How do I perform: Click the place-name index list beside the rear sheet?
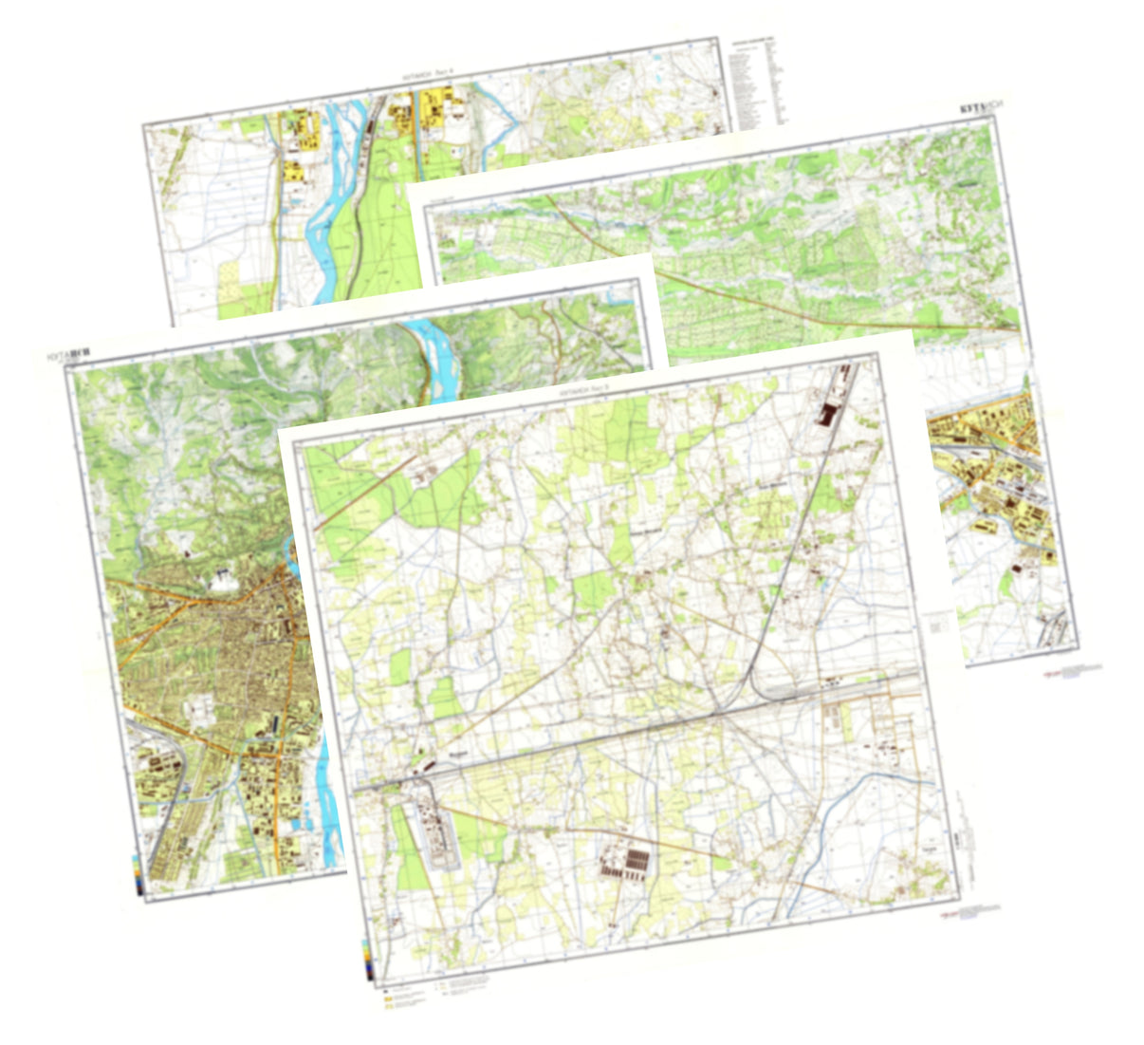pyautogui.click(x=758, y=84)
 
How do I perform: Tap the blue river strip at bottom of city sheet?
pyautogui.click(x=327, y=807)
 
